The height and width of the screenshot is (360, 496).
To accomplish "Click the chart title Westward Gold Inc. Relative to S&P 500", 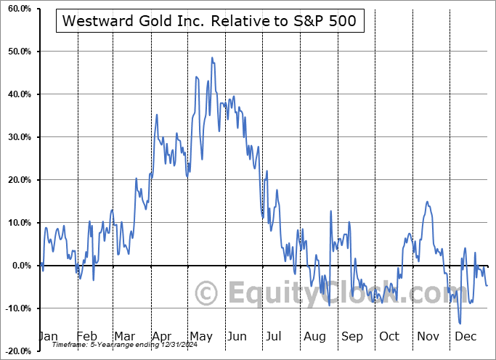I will click(x=209, y=20).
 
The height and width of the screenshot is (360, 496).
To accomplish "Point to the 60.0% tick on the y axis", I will click(x=17, y=9).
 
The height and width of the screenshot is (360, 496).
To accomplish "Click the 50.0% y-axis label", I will click(x=17, y=52).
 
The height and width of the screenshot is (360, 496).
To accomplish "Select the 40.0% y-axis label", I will click(x=17, y=94).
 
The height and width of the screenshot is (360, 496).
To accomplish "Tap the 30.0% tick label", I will click(x=17, y=137).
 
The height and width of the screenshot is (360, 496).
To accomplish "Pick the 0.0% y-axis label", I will click(x=20, y=266).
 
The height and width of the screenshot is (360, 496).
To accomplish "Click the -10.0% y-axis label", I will click(x=16, y=308).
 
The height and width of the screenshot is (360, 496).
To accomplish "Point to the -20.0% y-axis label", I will click(x=16, y=351).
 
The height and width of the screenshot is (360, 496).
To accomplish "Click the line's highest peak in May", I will click(x=212, y=57).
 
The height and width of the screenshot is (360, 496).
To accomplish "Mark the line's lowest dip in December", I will click(x=460, y=324).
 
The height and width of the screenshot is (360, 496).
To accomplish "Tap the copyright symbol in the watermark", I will click(x=208, y=294).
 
